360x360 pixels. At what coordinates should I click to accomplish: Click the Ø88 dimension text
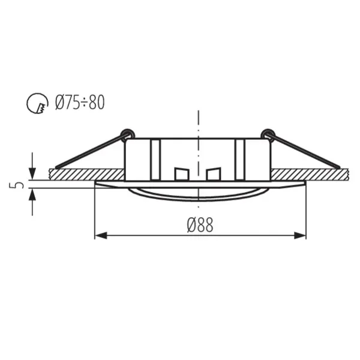200,225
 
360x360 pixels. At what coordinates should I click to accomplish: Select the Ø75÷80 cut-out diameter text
80,103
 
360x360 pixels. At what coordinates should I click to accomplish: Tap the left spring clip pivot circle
126,133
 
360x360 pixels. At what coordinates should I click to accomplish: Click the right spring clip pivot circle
268,133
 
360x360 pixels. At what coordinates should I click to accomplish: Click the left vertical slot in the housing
155,158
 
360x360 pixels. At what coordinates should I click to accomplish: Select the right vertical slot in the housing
240,158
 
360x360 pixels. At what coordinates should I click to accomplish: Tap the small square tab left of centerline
181,174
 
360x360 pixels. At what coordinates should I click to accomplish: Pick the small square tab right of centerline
214,174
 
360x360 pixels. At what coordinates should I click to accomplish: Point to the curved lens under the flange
197,195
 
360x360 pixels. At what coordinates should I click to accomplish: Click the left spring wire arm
90,151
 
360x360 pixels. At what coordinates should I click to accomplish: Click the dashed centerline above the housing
197,123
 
